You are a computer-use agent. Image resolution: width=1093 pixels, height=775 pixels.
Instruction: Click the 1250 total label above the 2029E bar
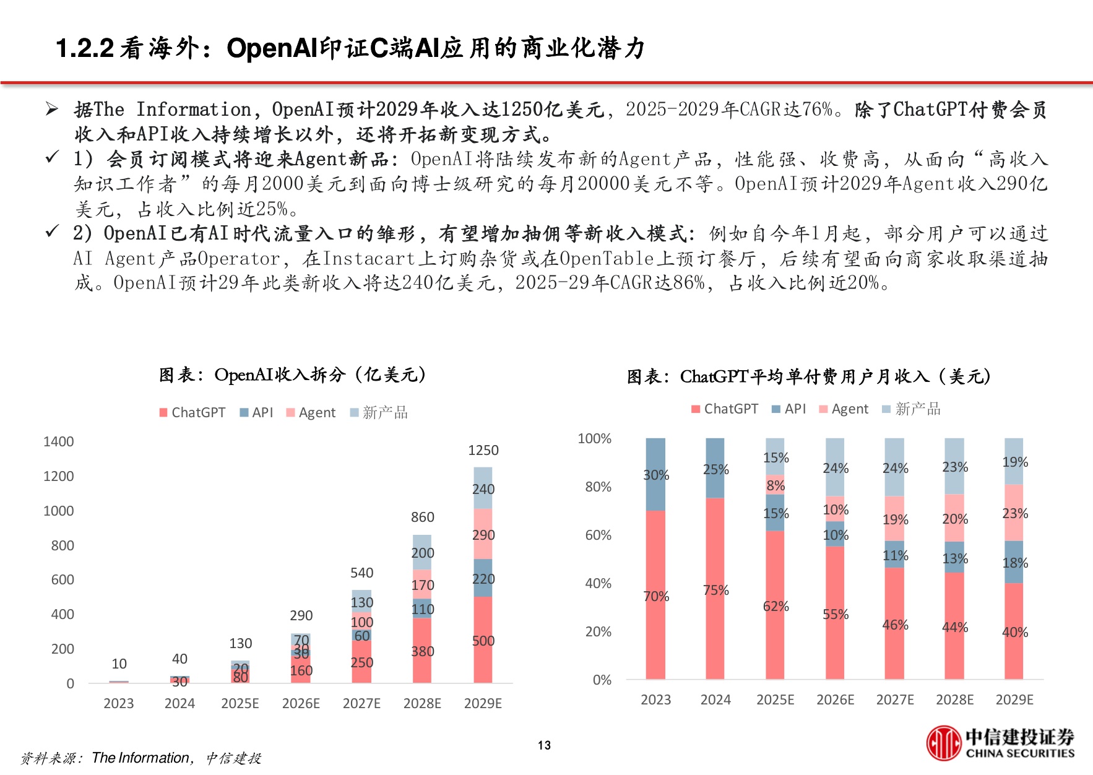point(483,450)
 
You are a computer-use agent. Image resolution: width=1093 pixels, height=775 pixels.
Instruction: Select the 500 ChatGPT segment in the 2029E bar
point(483,641)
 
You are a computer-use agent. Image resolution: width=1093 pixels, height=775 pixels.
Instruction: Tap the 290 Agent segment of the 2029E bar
point(483,534)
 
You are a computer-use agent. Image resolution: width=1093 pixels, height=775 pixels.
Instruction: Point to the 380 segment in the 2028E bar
point(422,651)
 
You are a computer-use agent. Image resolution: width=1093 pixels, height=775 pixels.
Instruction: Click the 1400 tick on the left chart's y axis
point(58,441)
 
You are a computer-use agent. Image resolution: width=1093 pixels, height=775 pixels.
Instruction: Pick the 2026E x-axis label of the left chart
point(301,703)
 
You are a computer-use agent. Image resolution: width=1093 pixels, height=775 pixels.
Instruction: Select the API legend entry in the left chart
point(256,412)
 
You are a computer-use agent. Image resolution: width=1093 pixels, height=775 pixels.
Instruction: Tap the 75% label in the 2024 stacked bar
point(715,590)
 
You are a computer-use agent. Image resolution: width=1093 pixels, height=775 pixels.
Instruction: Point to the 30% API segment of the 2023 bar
point(655,475)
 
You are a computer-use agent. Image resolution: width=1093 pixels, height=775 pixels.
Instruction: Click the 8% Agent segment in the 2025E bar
point(775,485)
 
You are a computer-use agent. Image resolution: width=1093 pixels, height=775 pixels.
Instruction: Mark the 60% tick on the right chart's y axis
point(598,535)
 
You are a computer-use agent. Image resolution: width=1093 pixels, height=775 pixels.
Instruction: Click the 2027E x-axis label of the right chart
point(894,699)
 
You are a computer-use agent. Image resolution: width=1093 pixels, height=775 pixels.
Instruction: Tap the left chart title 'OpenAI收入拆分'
point(292,375)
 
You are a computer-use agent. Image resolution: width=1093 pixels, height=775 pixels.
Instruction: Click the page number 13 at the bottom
point(544,745)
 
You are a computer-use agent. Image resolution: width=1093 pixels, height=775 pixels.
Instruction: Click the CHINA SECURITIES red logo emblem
point(943,743)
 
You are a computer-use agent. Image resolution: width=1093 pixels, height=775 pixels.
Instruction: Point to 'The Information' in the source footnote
point(140,758)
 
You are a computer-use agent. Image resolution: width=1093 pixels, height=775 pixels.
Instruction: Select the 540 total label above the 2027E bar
point(361,573)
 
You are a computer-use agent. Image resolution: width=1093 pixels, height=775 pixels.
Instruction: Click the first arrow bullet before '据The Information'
point(52,110)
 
